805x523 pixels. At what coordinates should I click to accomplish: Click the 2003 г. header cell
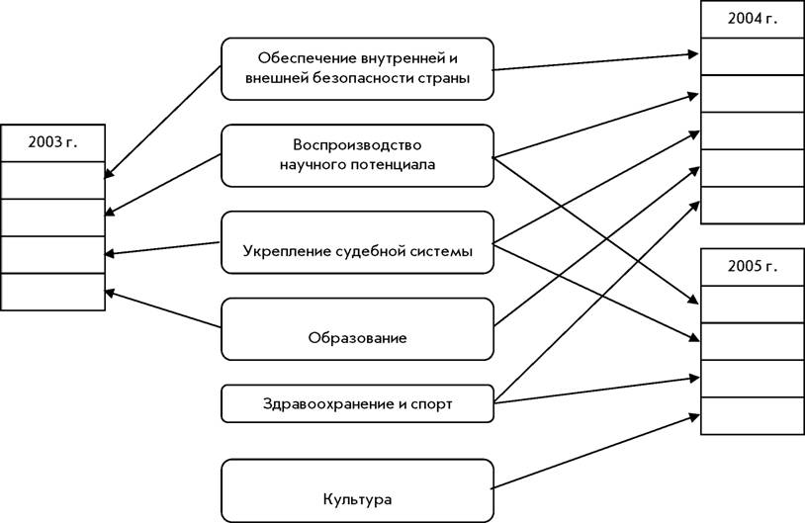[52, 143]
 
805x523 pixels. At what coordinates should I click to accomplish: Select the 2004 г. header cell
[753, 19]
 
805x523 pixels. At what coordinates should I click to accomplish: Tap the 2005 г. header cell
[753, 267]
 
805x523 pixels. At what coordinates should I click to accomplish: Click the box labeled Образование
[357, 329]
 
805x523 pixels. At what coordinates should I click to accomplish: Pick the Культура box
[357, 490]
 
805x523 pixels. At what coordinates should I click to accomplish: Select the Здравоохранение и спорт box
[357, 404]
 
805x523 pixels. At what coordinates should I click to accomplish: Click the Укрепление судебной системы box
[357, 242]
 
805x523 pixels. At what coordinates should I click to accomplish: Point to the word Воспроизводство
[357, 144]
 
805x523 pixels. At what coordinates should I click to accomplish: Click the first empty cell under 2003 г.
[52, 181]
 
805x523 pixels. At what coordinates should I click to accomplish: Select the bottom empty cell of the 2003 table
[52, 292]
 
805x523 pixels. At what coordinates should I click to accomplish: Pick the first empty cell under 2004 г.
[753, 56]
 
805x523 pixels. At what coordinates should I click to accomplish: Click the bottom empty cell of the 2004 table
[753, 206]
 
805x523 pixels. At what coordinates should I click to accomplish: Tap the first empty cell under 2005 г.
[753, 305]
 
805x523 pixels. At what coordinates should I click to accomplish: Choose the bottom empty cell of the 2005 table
[753, 416]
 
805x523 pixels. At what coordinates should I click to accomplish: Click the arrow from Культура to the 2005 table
[595, 452]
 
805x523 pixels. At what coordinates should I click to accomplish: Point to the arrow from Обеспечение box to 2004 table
[595, 61]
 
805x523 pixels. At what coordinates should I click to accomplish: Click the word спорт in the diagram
[431, 404]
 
